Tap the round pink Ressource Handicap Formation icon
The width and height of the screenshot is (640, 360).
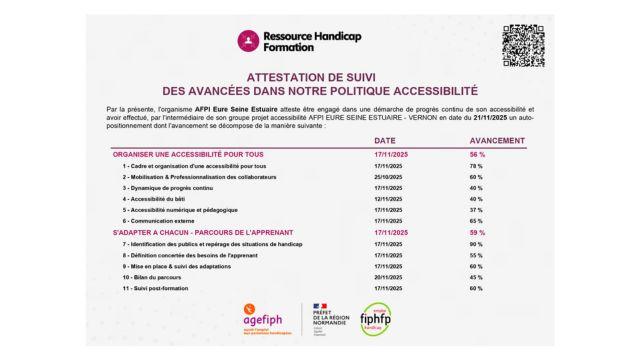[247, 41]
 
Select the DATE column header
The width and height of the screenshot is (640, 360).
[385, 142]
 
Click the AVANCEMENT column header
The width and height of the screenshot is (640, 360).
[497, 142]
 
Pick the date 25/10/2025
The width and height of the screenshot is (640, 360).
[388, 176]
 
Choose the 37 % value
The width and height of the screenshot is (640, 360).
[477, 210]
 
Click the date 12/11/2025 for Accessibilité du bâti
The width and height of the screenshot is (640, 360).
[388, 199]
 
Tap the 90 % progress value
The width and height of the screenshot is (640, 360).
[477, 244]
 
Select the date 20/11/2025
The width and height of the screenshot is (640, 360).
[388, 277]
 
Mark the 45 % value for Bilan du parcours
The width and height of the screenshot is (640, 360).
[477, 277]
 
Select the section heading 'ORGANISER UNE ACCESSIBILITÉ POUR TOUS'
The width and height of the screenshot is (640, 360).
[188, 154]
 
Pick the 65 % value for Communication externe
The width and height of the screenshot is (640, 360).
[477, 221]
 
